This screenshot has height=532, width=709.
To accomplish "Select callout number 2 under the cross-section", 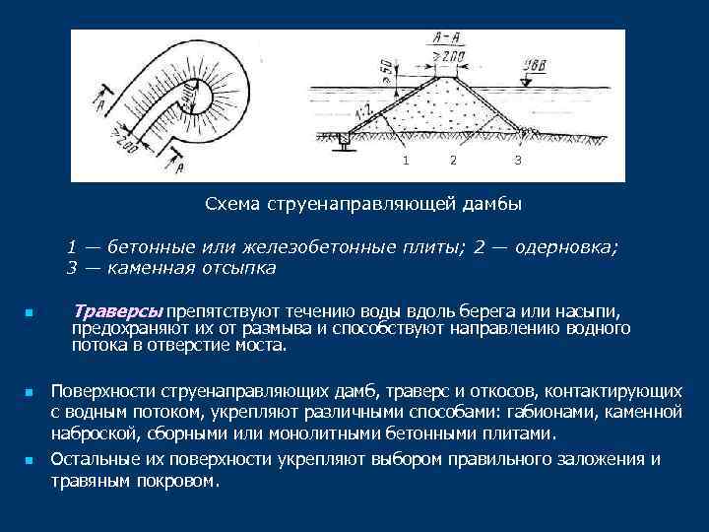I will coord(452,160).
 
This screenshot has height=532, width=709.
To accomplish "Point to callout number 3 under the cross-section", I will coord(517,160).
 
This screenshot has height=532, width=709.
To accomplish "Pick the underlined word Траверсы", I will coord(119,311).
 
